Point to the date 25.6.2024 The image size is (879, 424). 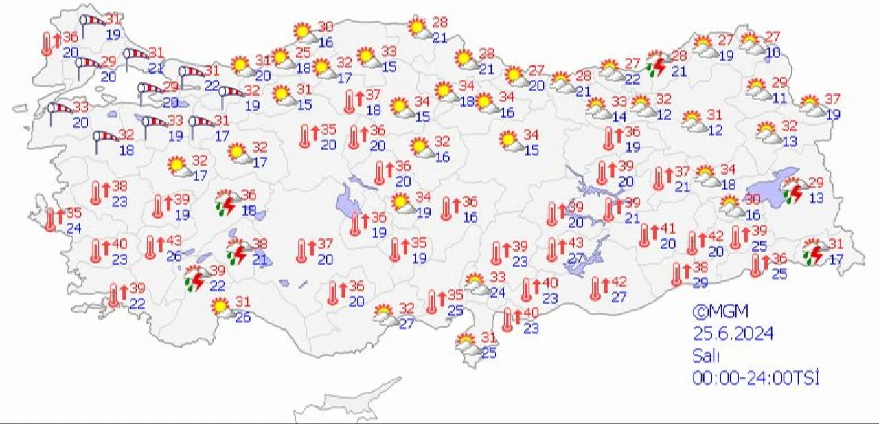[x=733, y=334]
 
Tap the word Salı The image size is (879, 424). [x=705, y=355]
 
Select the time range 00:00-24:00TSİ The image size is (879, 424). [x=756, y=377]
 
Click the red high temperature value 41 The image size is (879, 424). [x=668, y=228]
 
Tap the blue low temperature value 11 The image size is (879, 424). [x=779, y=98]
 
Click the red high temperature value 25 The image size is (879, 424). [x=304, y=52]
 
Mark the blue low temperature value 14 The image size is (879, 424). [x=619, y=117]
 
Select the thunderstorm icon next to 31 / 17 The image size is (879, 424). [x=814, y=252]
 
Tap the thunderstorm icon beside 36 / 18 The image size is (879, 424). [x=226, y=201]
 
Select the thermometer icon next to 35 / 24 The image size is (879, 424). [x=50, y=219]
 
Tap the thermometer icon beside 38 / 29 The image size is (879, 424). [x=677, y=274]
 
